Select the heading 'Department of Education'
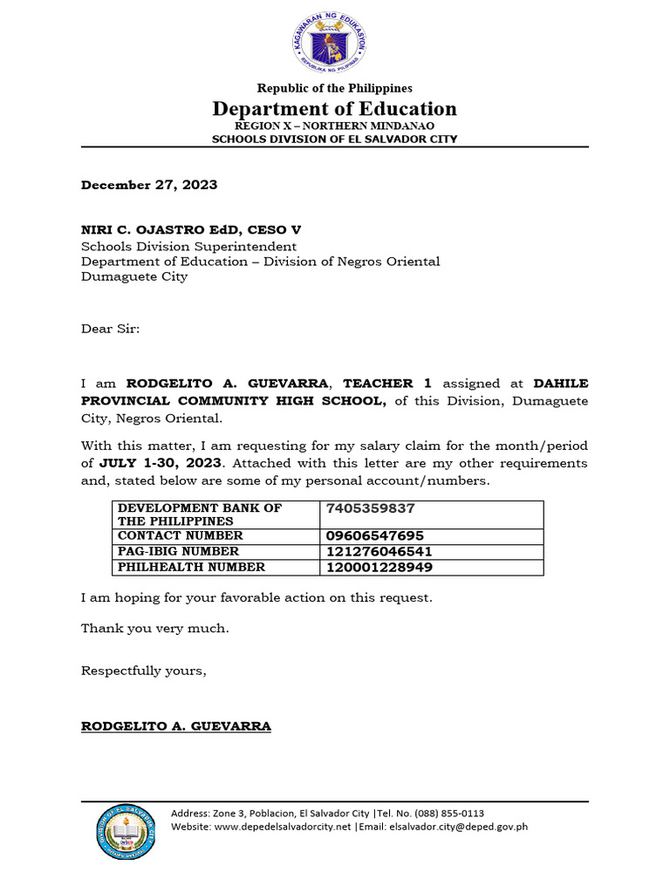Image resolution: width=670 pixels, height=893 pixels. pyautogui.click(x=334, y=109)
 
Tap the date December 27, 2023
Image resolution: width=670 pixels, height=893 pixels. pyautogui.click(x=149, y=185)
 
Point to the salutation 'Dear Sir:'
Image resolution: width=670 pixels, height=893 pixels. pyautogui.click(x=110, y=329)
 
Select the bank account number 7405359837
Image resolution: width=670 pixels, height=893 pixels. pyautogui.click(x=371, y=508)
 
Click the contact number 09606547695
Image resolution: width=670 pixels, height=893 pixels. pyautogui.click(x=375, y=535)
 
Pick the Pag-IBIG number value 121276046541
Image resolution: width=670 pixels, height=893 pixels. pyautogui.click(x=379, y=551)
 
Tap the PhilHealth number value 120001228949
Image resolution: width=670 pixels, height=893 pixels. pyautogui.click(x=379, y=568)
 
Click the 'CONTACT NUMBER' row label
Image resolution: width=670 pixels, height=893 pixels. pyautogui.click(x=181, y=535)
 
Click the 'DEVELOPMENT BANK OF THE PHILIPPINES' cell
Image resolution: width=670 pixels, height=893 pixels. pyautogui.click(x=200, y=515)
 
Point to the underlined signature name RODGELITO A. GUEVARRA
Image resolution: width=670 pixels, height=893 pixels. pyautogui.click(x=176, y=726)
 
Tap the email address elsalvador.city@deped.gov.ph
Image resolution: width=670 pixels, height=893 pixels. pyautogui.click(x=458, y=827)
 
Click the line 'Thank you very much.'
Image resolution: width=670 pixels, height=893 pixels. pyautogui.click(x=155, y=629)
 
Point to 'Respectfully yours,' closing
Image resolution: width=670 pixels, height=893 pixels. pyautogui.click(x=144, y=671)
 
